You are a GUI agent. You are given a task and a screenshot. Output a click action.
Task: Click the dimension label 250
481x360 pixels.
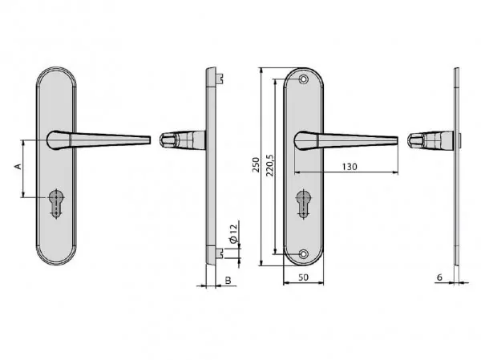click(x=256, y=165)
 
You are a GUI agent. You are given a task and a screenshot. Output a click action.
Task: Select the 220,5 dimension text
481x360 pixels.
click(x=270, y=165)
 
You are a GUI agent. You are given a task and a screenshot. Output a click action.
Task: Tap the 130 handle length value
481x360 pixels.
click(x=350, y=167)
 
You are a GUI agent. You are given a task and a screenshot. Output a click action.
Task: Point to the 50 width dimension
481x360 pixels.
click(x=303, y=277)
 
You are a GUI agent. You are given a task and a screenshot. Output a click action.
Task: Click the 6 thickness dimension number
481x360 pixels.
click(x=439, y=277)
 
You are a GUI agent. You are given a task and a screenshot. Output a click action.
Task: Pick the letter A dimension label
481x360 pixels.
click(x=18, y=166)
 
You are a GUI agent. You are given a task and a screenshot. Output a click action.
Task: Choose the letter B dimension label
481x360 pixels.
click(x=228, y=280)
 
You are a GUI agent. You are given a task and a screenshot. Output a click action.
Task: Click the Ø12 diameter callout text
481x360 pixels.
click(x=234, y=234)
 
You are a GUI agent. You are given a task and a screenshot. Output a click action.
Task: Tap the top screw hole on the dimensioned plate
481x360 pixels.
click(x=304, y=79)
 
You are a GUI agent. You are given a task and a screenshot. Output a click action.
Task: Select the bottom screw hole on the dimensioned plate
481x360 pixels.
click(x=304, y=254)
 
